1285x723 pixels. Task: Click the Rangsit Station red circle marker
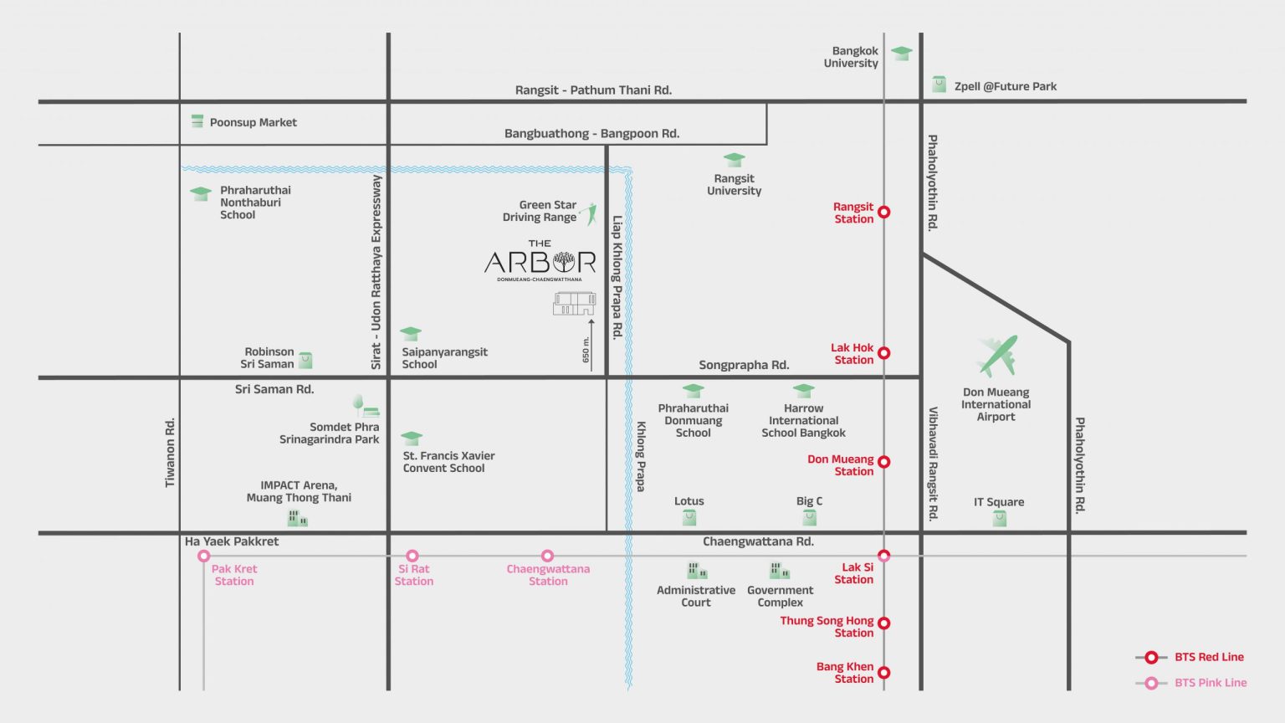point(884,212)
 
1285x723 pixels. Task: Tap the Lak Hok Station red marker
point(884,353)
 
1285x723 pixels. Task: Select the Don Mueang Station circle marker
point(884,461)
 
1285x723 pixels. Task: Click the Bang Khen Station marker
point(884,672)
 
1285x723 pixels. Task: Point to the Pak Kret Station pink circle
point(203,556)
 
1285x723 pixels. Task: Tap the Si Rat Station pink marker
point(412,556)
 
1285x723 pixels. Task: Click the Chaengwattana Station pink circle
point(547,556)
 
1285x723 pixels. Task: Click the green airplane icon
point(997,356)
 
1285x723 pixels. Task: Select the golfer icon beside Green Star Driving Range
point(589,213)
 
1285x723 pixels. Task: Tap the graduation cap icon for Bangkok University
point(901,53)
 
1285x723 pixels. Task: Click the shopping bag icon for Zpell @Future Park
point(939,85)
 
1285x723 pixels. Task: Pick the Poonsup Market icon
point(197,121)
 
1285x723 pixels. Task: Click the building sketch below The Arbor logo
point(574,304)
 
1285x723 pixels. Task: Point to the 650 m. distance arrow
point(591,346)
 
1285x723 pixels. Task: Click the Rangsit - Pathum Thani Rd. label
point(593,90)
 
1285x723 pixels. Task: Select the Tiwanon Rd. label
point(170,452)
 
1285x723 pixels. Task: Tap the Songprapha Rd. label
point(744,365)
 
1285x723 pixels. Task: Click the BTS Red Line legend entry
point(1190,657)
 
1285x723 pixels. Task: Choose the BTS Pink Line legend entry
point(1191,683)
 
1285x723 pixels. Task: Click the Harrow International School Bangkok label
point(803,421)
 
